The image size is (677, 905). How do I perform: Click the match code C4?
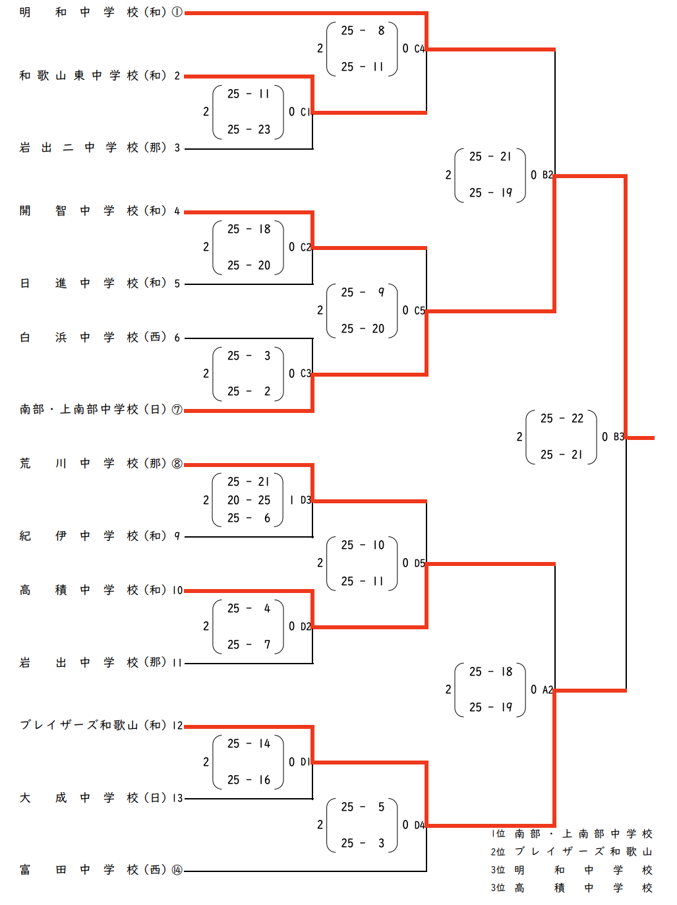click(x=419, y=49)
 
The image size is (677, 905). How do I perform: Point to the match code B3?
click(x=618, y=437)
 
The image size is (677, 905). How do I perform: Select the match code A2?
click(x=547, y=690)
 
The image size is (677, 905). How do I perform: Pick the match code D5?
click(x=419, y=563)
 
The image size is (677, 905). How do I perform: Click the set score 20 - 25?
click(x=249, y=500)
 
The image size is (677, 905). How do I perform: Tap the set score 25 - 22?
click(x=562, y=419)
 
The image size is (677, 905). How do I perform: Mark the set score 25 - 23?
click(x=249, y=130)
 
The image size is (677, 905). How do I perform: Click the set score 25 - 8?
click(x=363, y=30)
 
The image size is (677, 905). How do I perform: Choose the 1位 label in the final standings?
click(x=498, y=834)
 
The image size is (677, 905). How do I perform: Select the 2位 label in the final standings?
click(x=498, y=852)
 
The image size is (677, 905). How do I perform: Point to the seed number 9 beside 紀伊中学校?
click(x=177, y=536)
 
